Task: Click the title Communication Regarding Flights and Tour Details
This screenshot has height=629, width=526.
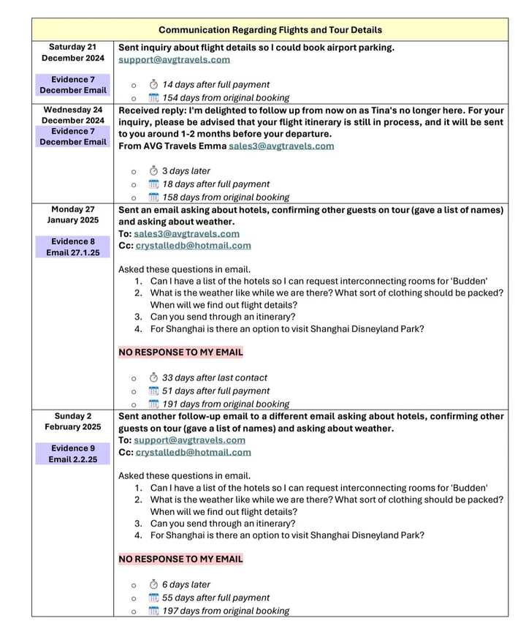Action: [270, 30]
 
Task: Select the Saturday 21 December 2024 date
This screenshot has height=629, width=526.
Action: [72, 53]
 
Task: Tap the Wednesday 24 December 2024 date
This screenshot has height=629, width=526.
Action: [72, 116]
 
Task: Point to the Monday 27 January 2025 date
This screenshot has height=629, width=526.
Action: [72, 215]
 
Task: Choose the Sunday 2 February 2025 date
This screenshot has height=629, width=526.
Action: [72, 421]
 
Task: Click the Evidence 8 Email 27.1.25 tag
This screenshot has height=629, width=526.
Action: [72, 247]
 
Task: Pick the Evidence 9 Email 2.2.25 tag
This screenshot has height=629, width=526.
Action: [72, 454]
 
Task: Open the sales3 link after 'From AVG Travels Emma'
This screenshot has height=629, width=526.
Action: [281, 146]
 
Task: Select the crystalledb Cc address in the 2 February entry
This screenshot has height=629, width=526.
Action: [193, 453]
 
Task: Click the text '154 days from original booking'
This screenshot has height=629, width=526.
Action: [225, 98]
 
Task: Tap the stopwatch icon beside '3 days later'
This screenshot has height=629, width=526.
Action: [153, 171]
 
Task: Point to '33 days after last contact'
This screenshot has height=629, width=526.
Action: [215, 378]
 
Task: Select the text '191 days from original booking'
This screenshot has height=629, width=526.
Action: [225, 404]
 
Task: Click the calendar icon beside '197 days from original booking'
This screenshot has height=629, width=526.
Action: [153, 611]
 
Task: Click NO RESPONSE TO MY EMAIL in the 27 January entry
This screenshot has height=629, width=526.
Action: [180, 353]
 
